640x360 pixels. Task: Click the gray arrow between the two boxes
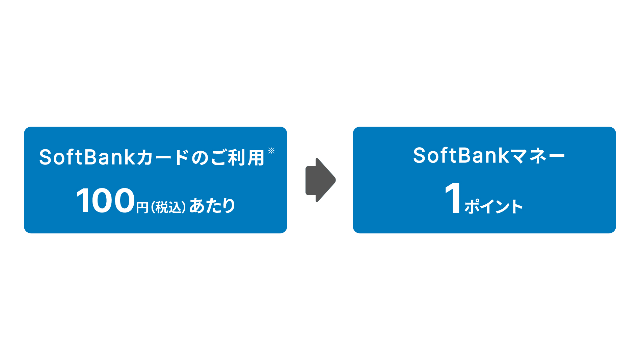click(x=320, y=180)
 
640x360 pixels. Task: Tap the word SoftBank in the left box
click(x=87, y=157)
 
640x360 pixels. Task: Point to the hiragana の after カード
click(x=201, y=158)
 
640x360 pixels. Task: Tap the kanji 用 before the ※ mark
click(x=256, y=157)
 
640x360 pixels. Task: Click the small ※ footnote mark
click(x=271, y=150)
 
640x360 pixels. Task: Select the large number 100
click(x=106, y=201)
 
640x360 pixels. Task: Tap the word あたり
click(x=212, y=206)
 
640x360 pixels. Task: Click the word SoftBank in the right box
click(x=461, y=156)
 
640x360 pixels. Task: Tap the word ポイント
click(x=494, y=206)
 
